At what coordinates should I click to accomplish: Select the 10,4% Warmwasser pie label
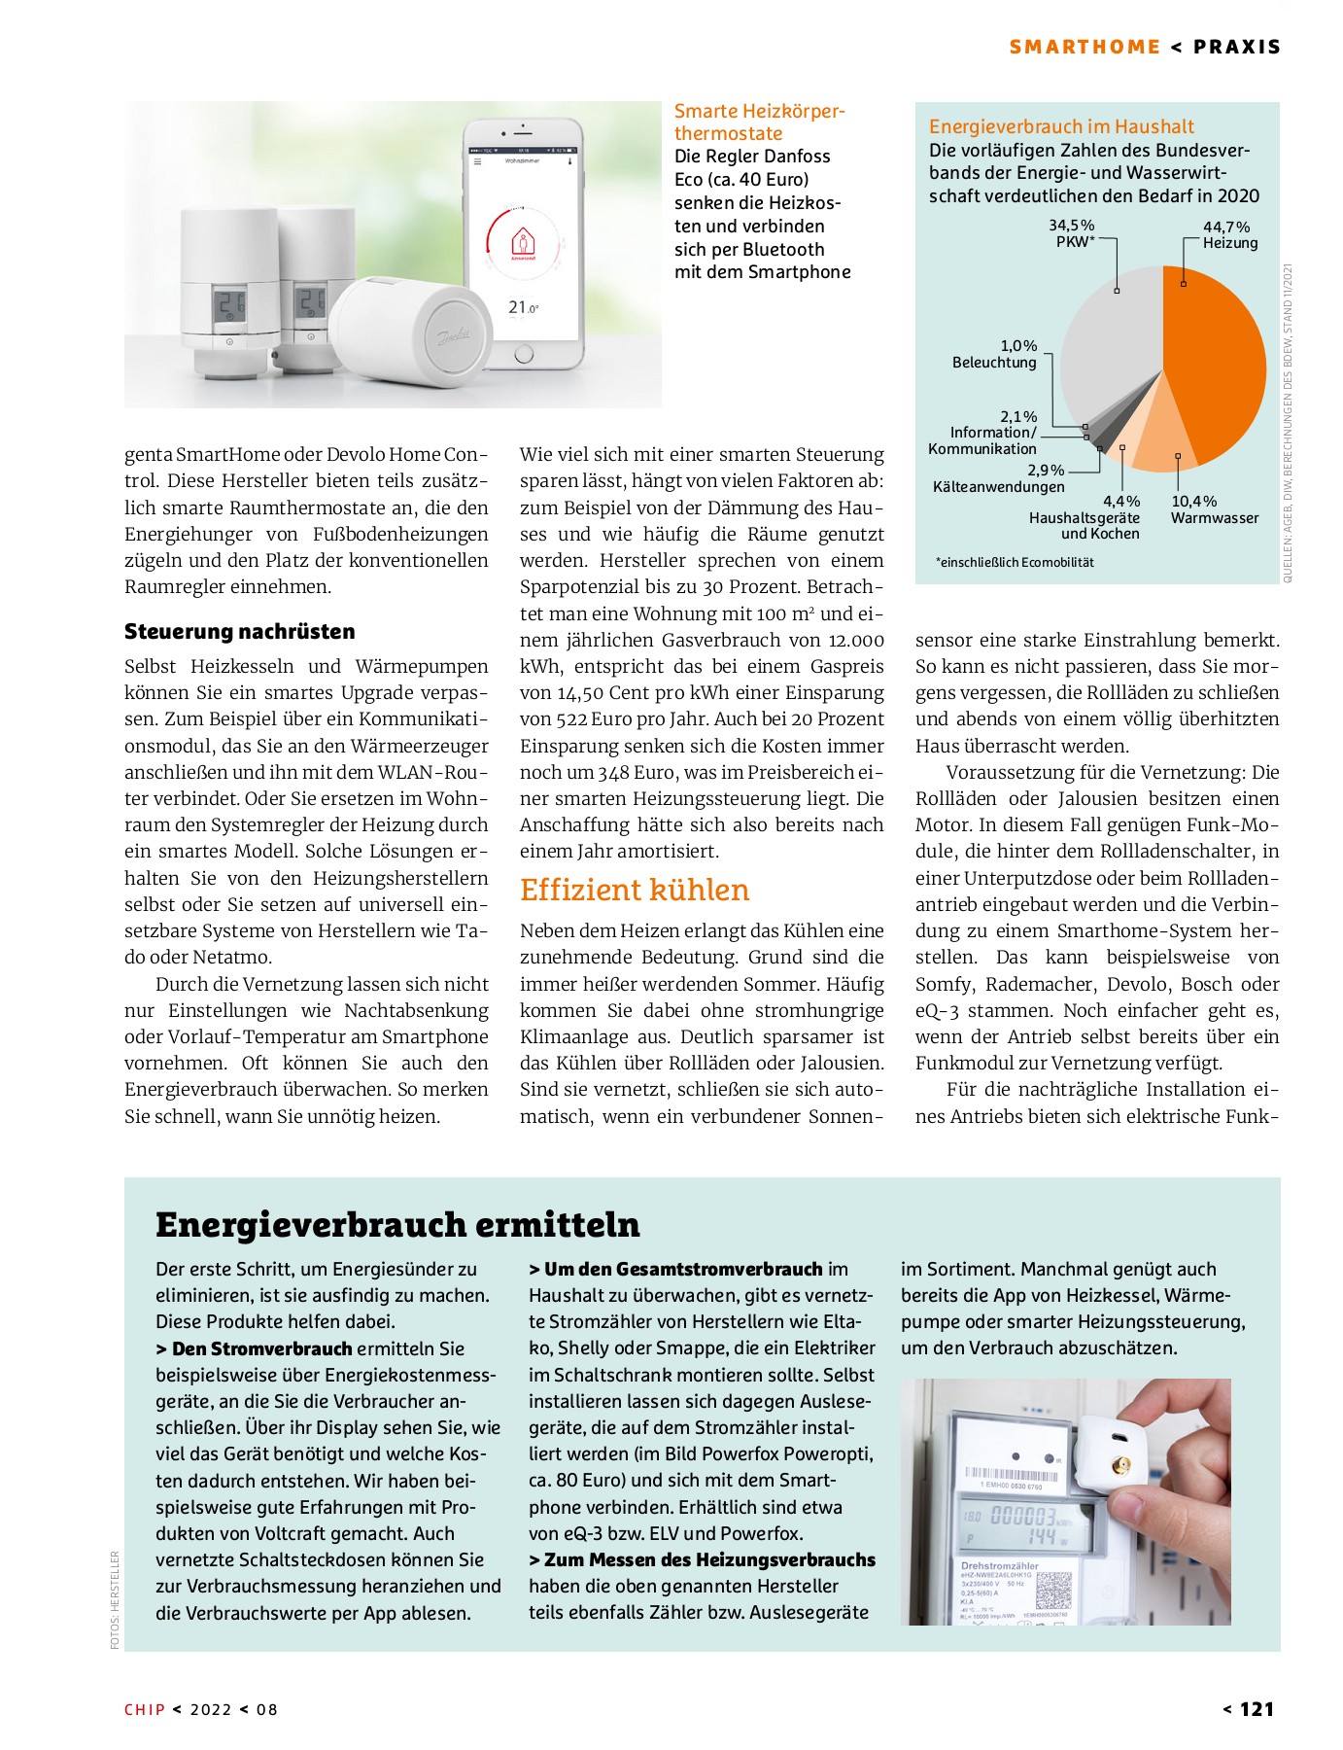click(1214, 509)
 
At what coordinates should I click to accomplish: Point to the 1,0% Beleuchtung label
click(995, 354)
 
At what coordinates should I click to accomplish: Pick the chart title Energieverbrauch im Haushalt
click(1061, 126)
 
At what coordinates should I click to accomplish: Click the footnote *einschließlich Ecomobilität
click(1015, 562)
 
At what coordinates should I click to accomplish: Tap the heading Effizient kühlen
click(635, 890)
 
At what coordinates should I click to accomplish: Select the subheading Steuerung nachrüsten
click(239, 632)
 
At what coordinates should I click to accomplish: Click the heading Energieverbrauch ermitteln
click(397, 1224)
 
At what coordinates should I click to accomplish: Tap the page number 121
click(1257, 1709)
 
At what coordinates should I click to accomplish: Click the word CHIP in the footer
click(145, 1710)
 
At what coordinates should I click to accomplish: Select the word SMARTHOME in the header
click(1085, 47)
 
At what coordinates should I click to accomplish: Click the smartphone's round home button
click(524, 355)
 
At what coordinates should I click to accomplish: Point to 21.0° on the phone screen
click(523, 307)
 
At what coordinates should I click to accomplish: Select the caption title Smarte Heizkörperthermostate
click(759, 122)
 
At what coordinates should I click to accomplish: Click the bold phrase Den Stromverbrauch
click(261, 1348)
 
